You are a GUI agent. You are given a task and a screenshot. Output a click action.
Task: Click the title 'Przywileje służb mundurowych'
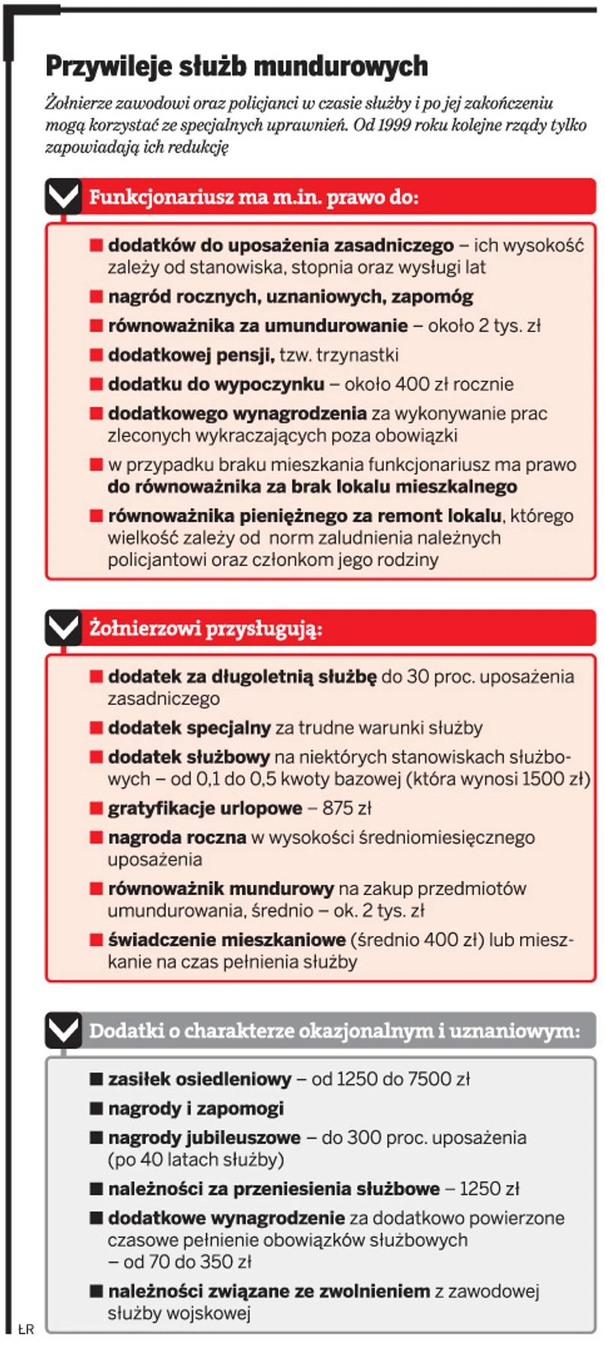pos(237,66)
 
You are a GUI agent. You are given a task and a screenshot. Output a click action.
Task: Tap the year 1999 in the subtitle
pos(394,125)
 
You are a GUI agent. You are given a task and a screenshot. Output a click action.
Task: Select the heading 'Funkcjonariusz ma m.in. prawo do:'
pos(253,198)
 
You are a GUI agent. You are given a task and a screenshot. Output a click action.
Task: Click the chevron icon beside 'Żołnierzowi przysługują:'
pos(63,626)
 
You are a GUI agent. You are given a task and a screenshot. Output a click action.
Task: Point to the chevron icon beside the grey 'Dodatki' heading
pos(63,1030)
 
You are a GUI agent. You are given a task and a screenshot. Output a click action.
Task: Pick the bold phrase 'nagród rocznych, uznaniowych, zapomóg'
pos(290,297)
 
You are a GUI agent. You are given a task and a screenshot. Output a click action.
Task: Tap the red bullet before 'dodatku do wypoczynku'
pos(96,384)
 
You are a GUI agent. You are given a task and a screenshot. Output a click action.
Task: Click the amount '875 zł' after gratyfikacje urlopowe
pos(346,808)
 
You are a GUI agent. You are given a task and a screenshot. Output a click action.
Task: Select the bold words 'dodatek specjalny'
pos(189,728)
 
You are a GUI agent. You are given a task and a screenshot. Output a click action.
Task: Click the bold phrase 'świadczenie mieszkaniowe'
pos(226,939)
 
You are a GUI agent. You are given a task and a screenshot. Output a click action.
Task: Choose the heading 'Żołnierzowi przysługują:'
pos(206,628)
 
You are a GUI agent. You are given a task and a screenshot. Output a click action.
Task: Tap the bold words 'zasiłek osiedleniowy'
pos(199,1079)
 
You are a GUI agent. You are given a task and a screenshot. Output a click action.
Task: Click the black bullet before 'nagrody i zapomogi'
pos(96,1108)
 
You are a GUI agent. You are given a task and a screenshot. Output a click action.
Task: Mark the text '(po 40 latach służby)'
pos(195,1160)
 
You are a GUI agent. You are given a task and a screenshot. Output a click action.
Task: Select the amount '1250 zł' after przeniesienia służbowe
pos(489,1189)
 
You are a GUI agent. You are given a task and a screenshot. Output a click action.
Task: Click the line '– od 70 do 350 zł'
pos(180,1262)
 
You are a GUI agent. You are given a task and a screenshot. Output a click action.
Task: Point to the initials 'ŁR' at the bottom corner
pos(26,1329)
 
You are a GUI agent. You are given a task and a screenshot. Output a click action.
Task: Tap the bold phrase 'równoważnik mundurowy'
pos(220,888)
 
